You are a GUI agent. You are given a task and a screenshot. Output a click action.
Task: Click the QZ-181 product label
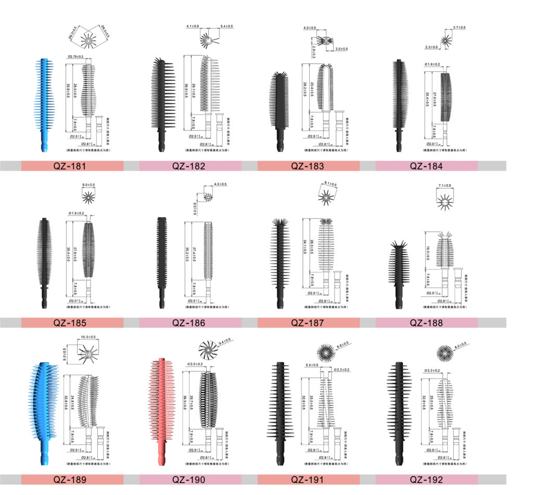[72, 166]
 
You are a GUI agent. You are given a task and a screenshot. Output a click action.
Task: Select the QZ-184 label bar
[426, 166]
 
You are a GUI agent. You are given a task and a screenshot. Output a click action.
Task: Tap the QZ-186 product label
[190, 323]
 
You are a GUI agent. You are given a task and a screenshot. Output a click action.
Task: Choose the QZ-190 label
[190, 479]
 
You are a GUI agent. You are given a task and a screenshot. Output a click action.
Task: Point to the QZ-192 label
[426, 479]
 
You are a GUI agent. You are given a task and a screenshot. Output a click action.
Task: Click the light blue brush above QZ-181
[46, 104]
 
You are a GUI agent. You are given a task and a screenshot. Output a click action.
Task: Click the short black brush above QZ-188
[399, 273]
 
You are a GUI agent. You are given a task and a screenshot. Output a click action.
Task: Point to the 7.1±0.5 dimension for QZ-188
[445, 186]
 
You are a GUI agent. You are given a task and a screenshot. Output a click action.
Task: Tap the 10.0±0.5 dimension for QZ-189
[88, 338]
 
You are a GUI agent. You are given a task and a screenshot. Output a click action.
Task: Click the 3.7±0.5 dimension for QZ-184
[459, 27]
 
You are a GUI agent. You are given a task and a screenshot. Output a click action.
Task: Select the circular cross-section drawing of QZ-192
[446, 354]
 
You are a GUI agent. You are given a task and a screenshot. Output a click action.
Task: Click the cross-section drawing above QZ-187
[326, 197]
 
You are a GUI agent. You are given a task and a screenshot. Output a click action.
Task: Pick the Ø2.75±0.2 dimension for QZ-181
[79, 56]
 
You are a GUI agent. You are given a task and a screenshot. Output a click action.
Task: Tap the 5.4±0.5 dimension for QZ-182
[227, 26]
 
